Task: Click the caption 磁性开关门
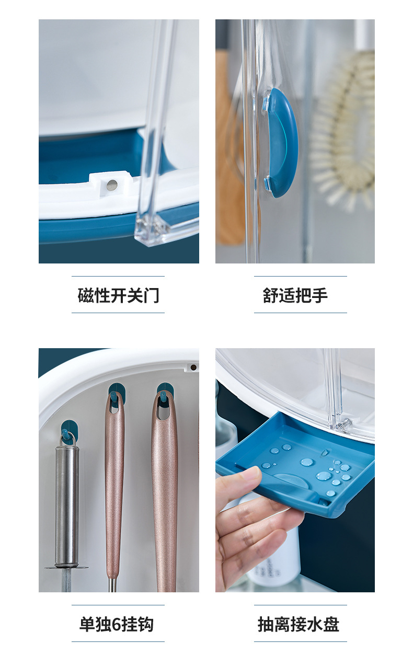[x=118, y=295]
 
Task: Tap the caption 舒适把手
[x=295, y=295]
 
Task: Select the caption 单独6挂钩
[x=117, y=624]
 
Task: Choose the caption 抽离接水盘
[x=299, y=624]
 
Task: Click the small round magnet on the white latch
[x=111, y=184]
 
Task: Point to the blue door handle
[x=281, y=142]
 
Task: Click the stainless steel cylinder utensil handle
[x=67, y=504]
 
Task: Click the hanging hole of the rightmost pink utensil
[x=164, y=410]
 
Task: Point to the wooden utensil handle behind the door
[x=229, y=157]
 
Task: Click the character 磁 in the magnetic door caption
[x=86, y=295]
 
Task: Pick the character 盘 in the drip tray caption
[x=331, y=624]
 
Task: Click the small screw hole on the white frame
[x=193, y=368]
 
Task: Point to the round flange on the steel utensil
[x=66, y=567]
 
